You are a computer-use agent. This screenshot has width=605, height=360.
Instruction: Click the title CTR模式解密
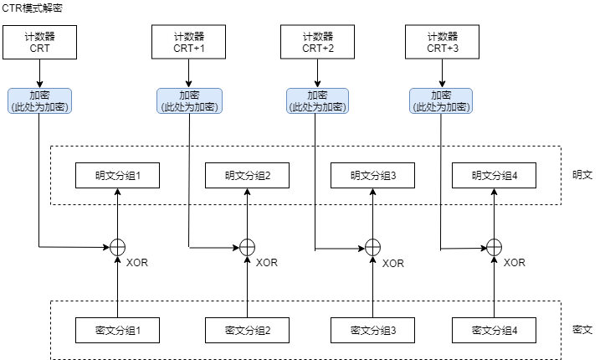(x=32, y=8)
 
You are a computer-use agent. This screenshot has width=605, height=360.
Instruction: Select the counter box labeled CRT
(x=40, y=43)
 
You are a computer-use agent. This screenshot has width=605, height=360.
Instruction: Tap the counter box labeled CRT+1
(x=188, y=43)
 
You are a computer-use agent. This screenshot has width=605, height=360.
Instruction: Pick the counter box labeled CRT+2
(x=317, y=43)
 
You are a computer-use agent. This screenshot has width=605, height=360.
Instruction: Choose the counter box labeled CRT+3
(x=442, y=43)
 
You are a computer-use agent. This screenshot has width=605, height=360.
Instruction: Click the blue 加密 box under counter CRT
(x=40, y=101)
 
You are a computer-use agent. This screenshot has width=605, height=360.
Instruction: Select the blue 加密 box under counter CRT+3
(x=441, y=101)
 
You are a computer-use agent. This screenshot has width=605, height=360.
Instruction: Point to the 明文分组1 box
(x=117, y=176)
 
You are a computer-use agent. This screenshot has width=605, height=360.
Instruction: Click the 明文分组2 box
(x=247, y=176)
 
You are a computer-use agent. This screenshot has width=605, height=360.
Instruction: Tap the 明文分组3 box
(x=373, y=176)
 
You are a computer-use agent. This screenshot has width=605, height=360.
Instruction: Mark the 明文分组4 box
(x=495, y=176)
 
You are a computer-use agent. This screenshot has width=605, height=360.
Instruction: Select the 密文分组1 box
(x=117, y=331)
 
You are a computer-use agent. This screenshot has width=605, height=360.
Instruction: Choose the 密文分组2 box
(x=247, y=331)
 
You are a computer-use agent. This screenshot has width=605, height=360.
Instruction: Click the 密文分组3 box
(x=373, y=331)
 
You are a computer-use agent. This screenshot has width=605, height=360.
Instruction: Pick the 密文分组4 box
(x=495, y=331)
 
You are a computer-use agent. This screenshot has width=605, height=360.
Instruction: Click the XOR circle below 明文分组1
(x=118, y=247)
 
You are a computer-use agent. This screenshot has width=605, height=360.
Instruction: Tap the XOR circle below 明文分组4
(x=495, y=247)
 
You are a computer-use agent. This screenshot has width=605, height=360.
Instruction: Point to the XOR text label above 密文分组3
(x=392, y=263)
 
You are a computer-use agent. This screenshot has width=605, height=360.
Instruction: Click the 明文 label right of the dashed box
(x=582, y=176)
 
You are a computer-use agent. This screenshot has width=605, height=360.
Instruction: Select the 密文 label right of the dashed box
(x=582, y=331)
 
